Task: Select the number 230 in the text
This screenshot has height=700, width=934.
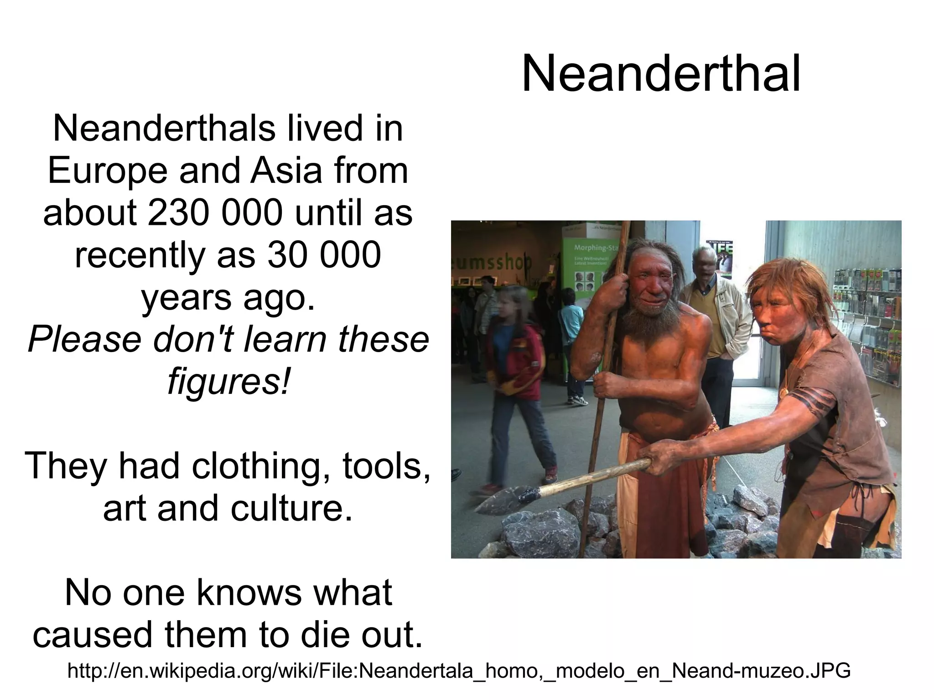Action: click(x=173, y=213)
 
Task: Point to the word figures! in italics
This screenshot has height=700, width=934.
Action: click(x=228, y=381)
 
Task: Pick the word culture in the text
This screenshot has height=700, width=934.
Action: click(x=291, y=508)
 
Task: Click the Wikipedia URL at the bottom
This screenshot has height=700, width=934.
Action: click(x=459, y=671)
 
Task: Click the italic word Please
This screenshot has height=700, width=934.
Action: click(x=84, y=340)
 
